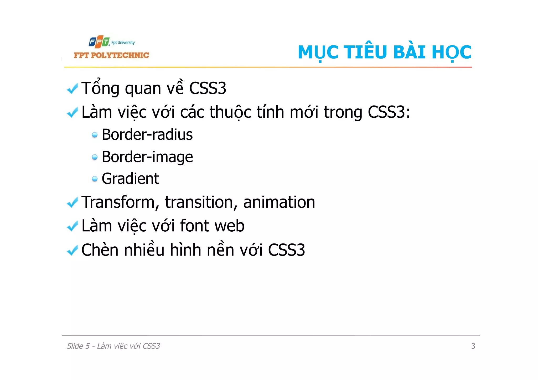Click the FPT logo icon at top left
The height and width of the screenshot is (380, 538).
(x=99, y=42)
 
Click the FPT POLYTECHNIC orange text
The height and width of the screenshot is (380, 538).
(x=111, y=55)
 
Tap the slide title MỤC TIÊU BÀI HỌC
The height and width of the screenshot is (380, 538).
(x=384, y=52)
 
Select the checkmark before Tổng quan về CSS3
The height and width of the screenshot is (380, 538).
(x=73, y=89)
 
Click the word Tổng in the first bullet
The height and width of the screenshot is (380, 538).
(x=100, y=88)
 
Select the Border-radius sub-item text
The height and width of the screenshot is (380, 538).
(x=147, y=135)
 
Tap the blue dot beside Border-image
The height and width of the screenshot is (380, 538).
(x=95, y=157)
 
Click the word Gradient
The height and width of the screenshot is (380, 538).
(x=130, y=179)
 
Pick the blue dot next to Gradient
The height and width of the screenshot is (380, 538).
(x=95, y=179)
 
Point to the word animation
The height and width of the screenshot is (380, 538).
(x=279, y=202)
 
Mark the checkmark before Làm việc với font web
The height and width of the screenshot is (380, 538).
(x=73, y=226)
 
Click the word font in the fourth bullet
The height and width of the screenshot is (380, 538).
(x=194, y=226)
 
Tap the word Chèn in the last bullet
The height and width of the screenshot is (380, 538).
(x=100, y=250)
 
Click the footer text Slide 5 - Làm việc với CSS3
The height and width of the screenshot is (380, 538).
(x=113, y=346)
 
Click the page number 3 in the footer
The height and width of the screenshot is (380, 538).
(x=473, y=346)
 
